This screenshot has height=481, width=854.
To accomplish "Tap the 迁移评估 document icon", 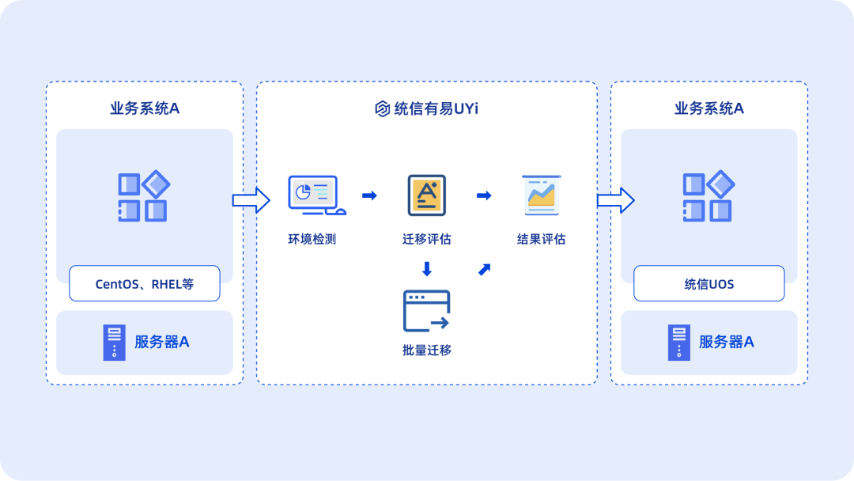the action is click(427, 195).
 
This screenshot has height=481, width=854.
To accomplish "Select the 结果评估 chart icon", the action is click(542, 195).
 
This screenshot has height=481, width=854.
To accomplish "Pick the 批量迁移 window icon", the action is click(426, 311).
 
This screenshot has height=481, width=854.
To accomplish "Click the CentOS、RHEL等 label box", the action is click(145, 283).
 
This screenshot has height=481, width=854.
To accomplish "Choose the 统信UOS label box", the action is click(709, 283).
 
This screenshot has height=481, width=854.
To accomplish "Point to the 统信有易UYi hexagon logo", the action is click(383, 108).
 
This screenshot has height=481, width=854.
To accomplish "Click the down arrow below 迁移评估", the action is click(427, 268).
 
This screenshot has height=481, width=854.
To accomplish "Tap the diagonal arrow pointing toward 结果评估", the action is click(484, 269).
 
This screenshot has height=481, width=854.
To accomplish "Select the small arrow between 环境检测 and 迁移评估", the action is click(369, 195).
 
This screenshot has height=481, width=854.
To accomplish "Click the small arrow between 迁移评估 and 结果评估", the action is click(484, 195).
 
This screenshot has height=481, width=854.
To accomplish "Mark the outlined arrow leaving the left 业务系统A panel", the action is click(251, 200).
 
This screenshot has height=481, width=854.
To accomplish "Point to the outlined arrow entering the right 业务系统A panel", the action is click(615, 200).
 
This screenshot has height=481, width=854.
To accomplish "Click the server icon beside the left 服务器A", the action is click(115, 343).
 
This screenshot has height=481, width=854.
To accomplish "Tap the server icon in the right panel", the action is click(679, 343).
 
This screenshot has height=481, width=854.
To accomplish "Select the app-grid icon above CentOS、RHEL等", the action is click(144, 195).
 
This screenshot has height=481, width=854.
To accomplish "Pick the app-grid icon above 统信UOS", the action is click(709, 195).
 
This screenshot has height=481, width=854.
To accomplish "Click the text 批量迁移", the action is click(426, 350).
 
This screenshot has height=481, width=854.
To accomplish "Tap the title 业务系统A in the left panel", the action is click(145, 108).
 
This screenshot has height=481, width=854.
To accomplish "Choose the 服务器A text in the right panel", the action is click(727, 342).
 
